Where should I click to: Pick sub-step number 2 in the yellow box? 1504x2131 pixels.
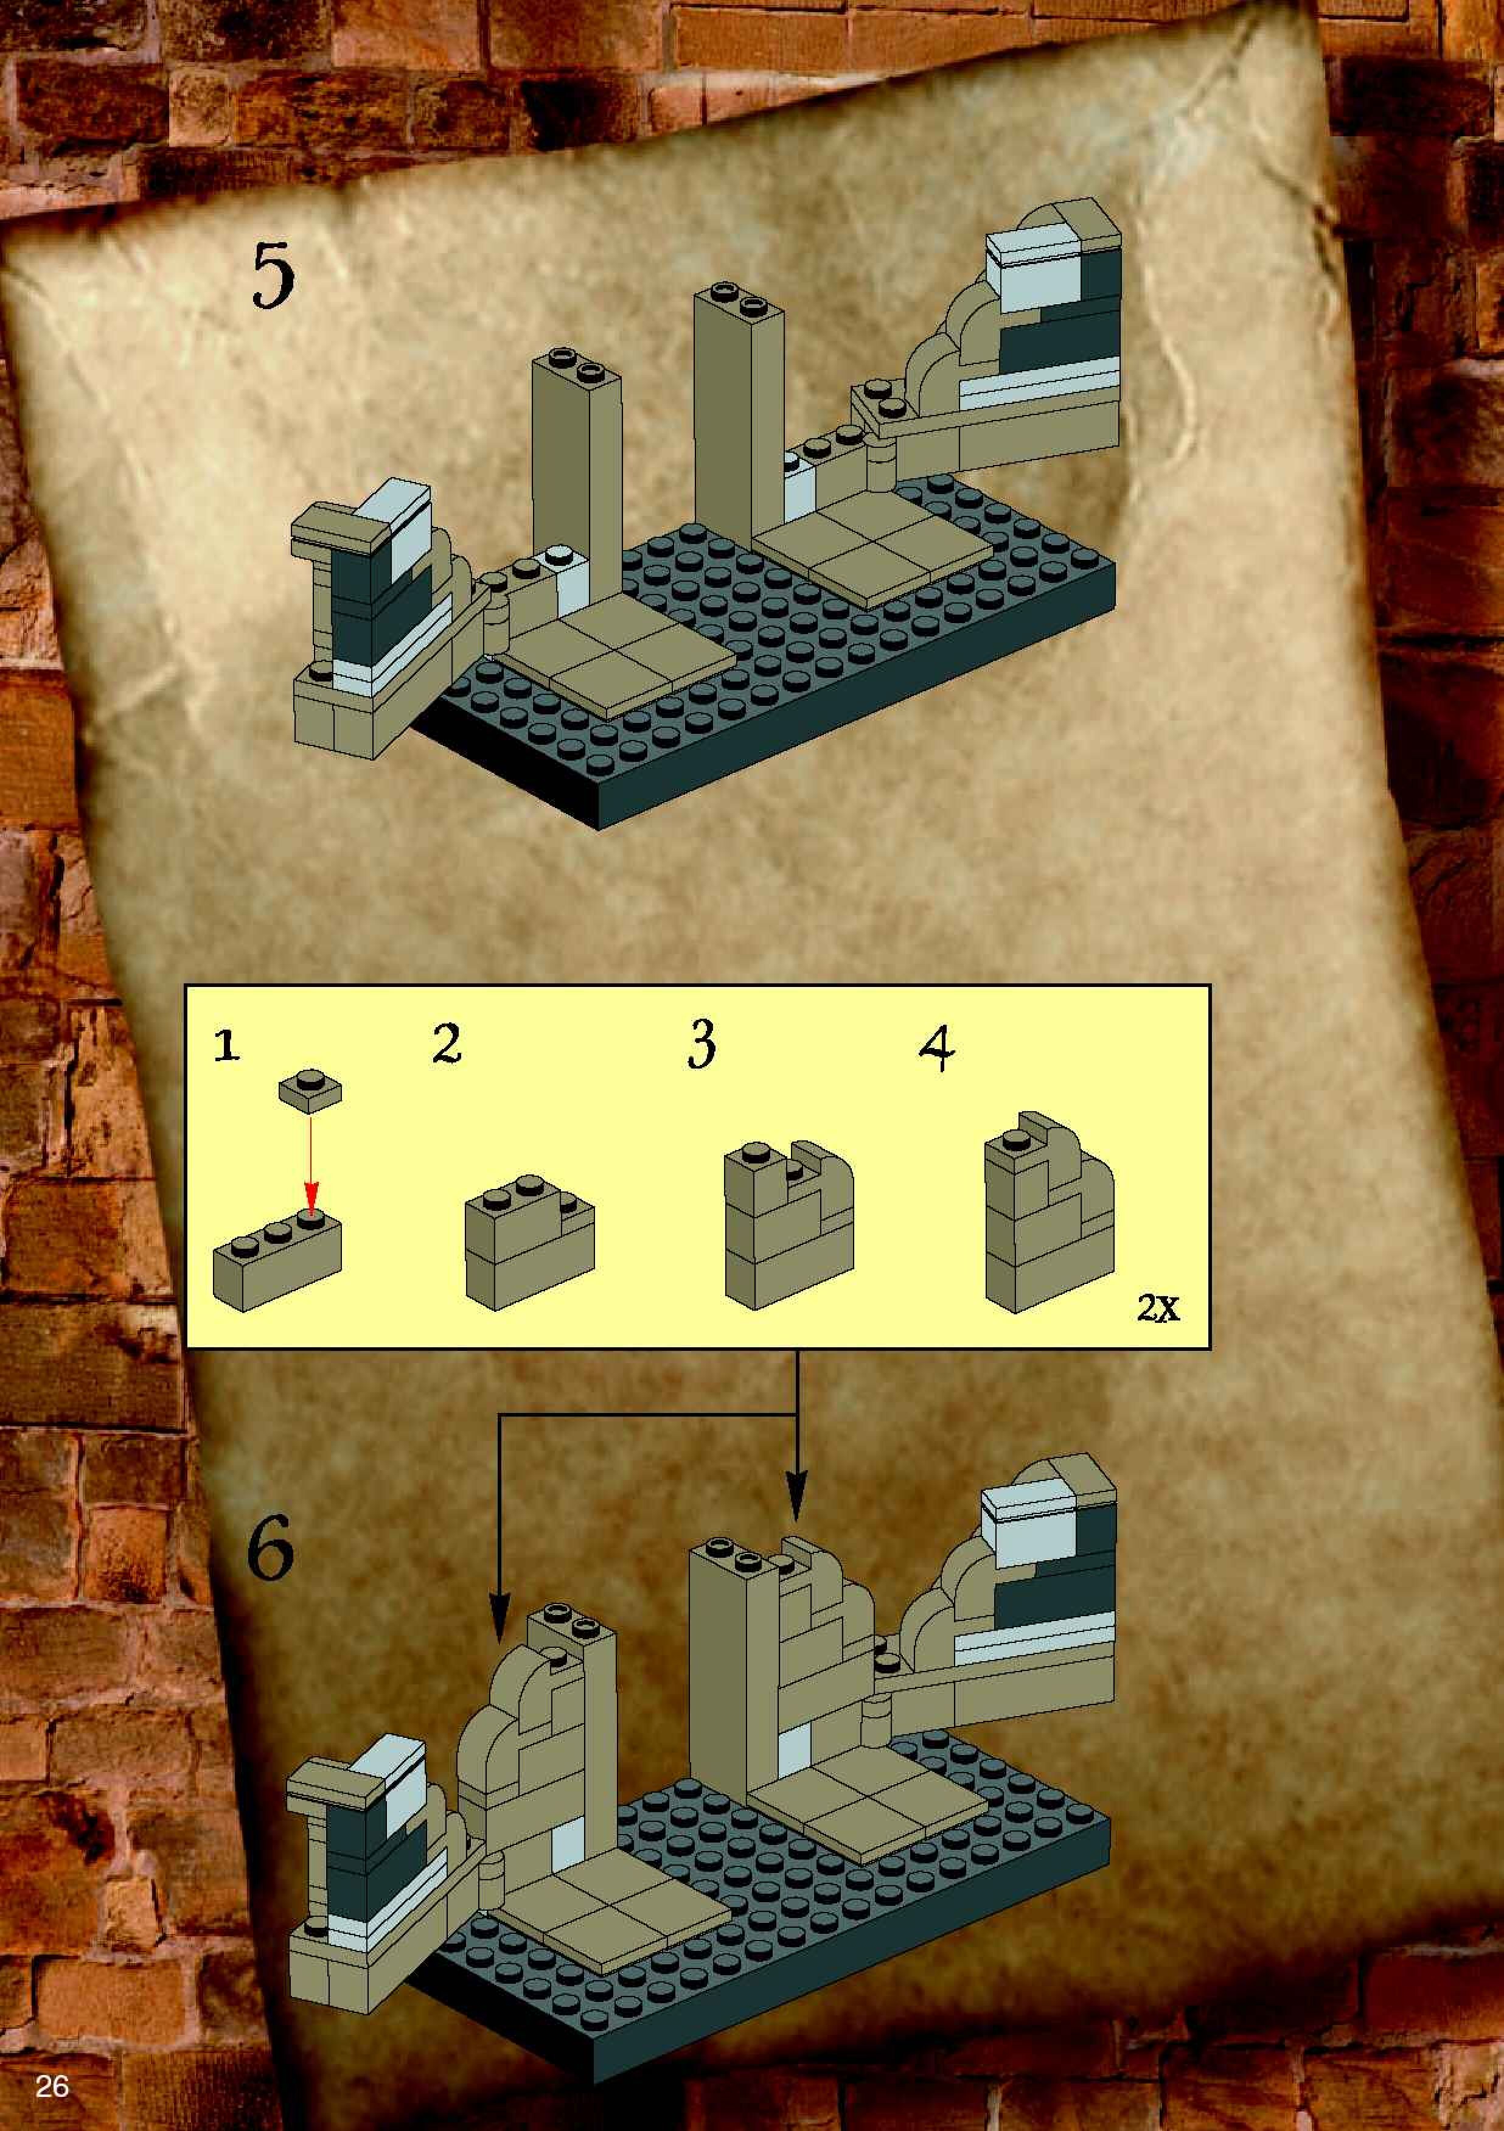point(447,1045)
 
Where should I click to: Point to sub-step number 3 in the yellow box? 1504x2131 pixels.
point(702,1046)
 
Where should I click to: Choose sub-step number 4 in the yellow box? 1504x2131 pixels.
point(937,1050)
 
